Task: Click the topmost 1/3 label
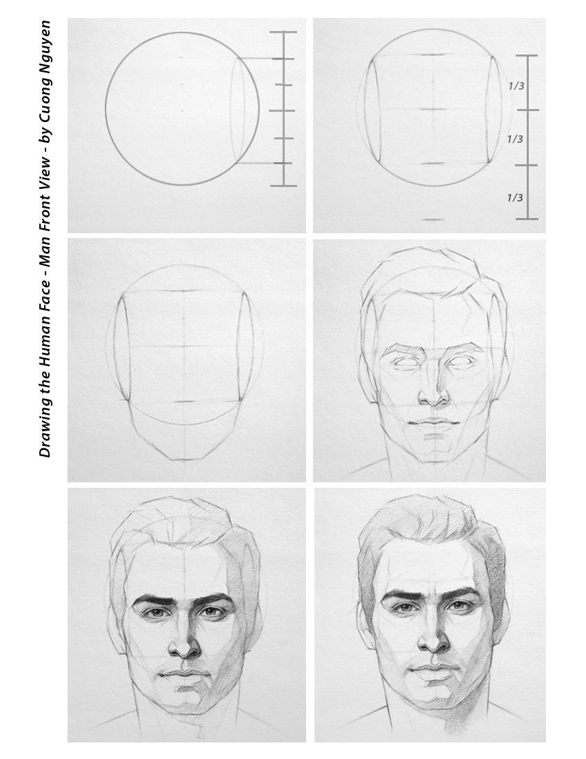pos(516,86)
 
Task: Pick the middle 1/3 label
pos(515,139)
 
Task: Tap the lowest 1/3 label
pos(515,197)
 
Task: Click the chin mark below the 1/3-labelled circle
pos(433,219)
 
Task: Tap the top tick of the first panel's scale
pos(283,32)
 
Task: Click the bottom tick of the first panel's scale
pos(283,186)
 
